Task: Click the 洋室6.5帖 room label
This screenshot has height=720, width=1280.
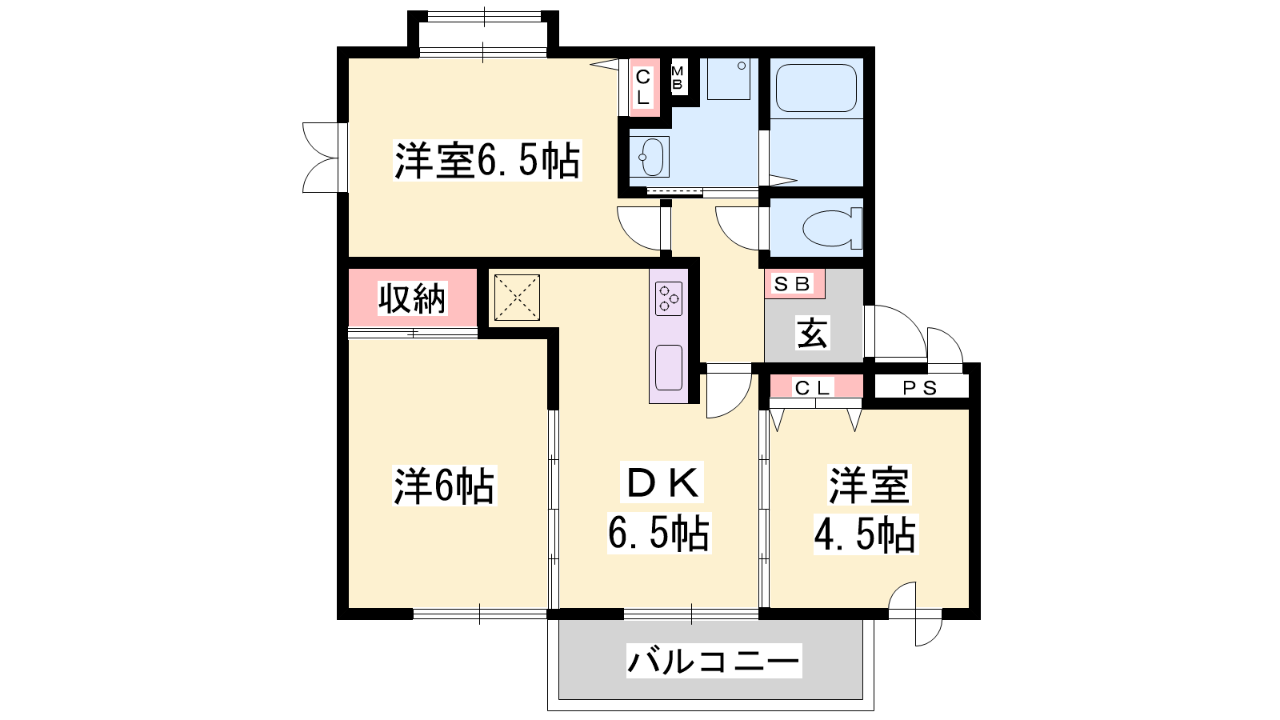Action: point(487,161)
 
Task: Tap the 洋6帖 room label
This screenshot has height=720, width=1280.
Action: point(445,486)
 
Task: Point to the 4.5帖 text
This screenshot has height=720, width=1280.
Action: point(866,535)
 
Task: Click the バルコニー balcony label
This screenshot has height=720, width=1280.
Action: point(714,661)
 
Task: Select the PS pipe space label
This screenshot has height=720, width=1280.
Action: point(920,389)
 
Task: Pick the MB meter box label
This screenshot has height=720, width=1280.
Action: point(677,78)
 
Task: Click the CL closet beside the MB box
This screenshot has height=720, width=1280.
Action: point(643,87)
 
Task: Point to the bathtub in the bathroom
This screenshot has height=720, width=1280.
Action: point(816,88)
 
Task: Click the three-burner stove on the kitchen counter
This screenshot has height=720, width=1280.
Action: point(669,299)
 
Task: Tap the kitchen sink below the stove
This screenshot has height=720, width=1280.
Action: point(669,367)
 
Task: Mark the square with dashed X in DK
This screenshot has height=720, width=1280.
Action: point(517,297)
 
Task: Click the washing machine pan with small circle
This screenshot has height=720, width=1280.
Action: point(729,79)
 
